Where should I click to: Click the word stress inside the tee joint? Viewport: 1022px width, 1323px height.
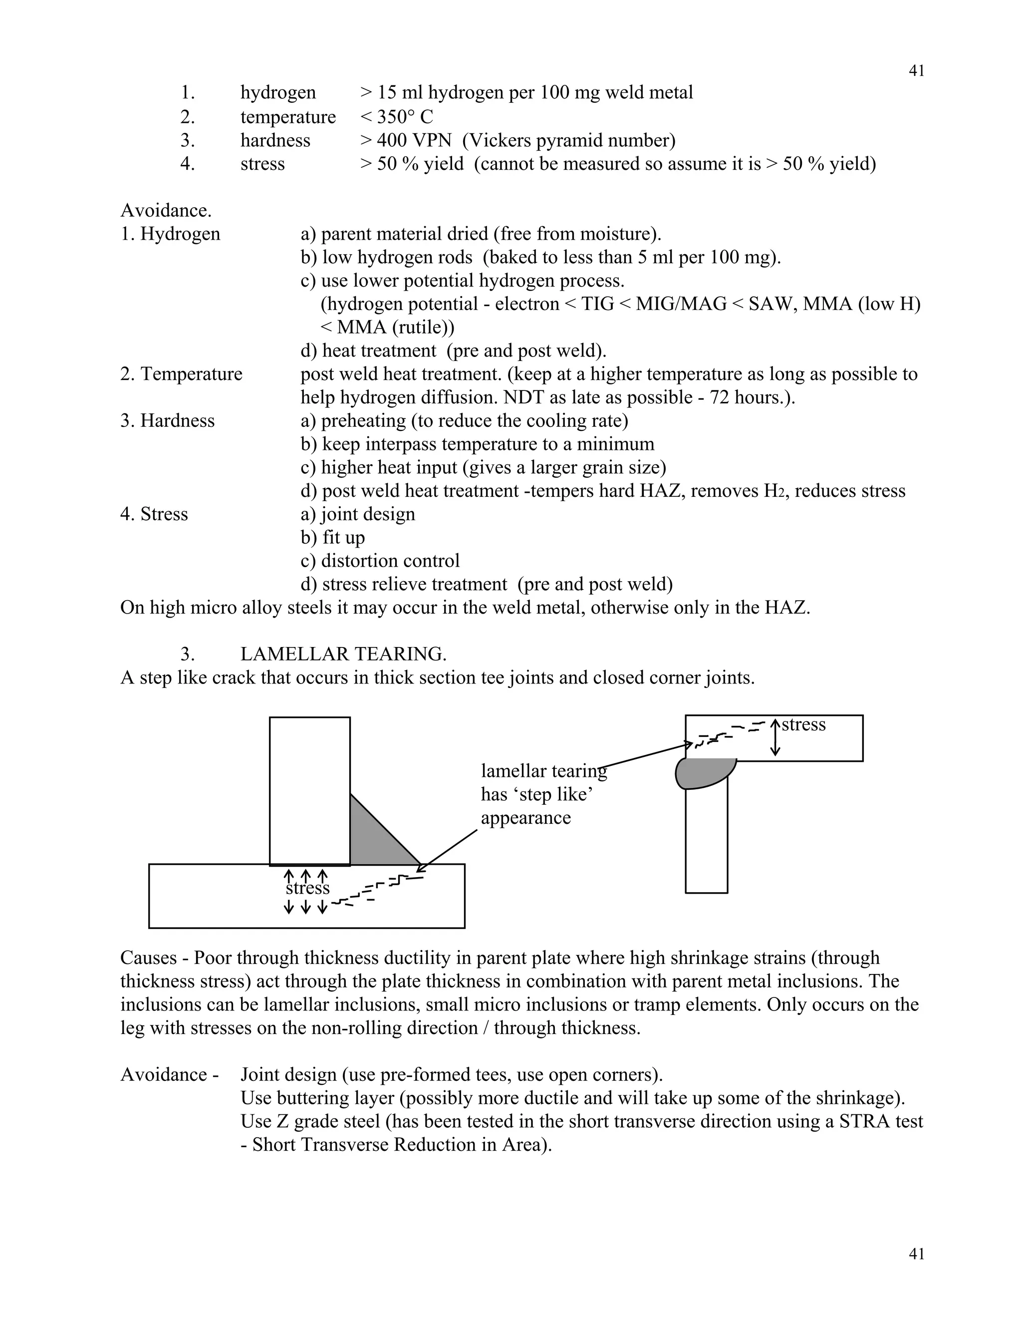307,889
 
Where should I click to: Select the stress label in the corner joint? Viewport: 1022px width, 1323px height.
803,724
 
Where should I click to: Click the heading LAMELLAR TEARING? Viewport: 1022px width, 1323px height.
343,654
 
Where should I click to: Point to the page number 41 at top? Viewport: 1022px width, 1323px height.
917,71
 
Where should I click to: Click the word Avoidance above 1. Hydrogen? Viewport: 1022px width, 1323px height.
165,211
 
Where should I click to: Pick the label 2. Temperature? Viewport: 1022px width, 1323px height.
181,374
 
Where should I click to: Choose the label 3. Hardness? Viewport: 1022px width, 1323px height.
168,421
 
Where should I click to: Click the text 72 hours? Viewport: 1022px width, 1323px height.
758,397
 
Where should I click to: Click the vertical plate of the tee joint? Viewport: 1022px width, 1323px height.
309,790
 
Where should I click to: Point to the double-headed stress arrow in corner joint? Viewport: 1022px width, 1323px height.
775,738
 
